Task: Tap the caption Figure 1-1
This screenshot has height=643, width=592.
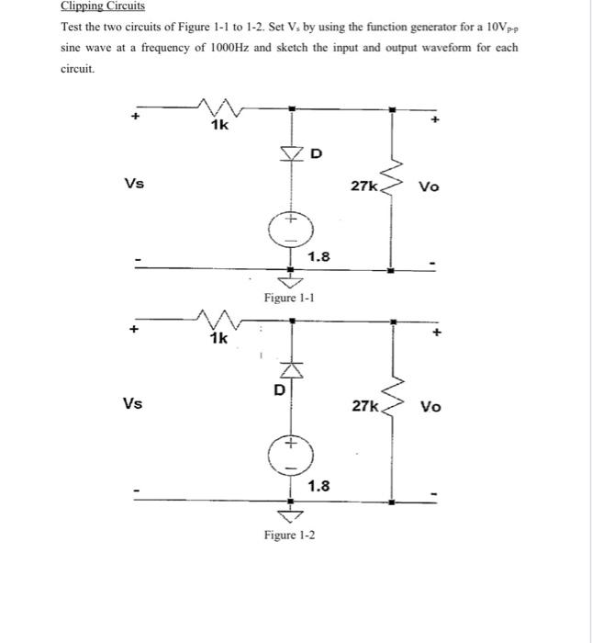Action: tap(288, 299)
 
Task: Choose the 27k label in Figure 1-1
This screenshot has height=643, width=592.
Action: tap(363, 186)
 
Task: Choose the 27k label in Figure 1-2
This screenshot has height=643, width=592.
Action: tap(364, 405)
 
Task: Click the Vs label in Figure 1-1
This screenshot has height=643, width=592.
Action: tap(134, 183)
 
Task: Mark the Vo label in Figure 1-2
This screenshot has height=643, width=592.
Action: tap(430, 407)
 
